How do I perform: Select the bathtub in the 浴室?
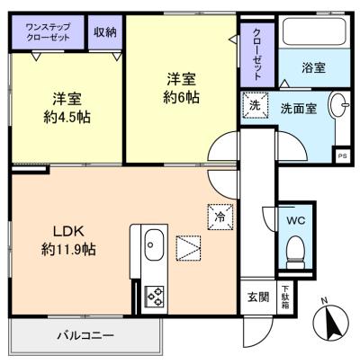tap(314, 31)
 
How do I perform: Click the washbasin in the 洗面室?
tap(339, 106)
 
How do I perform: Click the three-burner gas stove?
tap(155, 296)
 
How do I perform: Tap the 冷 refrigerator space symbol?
tap(220, 217)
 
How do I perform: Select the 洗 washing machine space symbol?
tap(255, 105)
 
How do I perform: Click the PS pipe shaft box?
tap(341, 155)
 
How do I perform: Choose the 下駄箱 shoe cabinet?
tap(284, 297)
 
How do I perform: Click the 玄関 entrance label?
tap(258, 297)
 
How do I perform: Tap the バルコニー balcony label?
tap(86, 335)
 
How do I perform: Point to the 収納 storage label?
tap(105, 32)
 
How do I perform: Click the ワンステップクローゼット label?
tap(48, 32)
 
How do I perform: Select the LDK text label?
tap(68, 231)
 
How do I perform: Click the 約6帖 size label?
tap(181, 97)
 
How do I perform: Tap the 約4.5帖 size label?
tap(67, 117)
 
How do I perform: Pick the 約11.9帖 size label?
tap(68, 249)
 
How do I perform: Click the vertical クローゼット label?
tap(257, 55)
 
